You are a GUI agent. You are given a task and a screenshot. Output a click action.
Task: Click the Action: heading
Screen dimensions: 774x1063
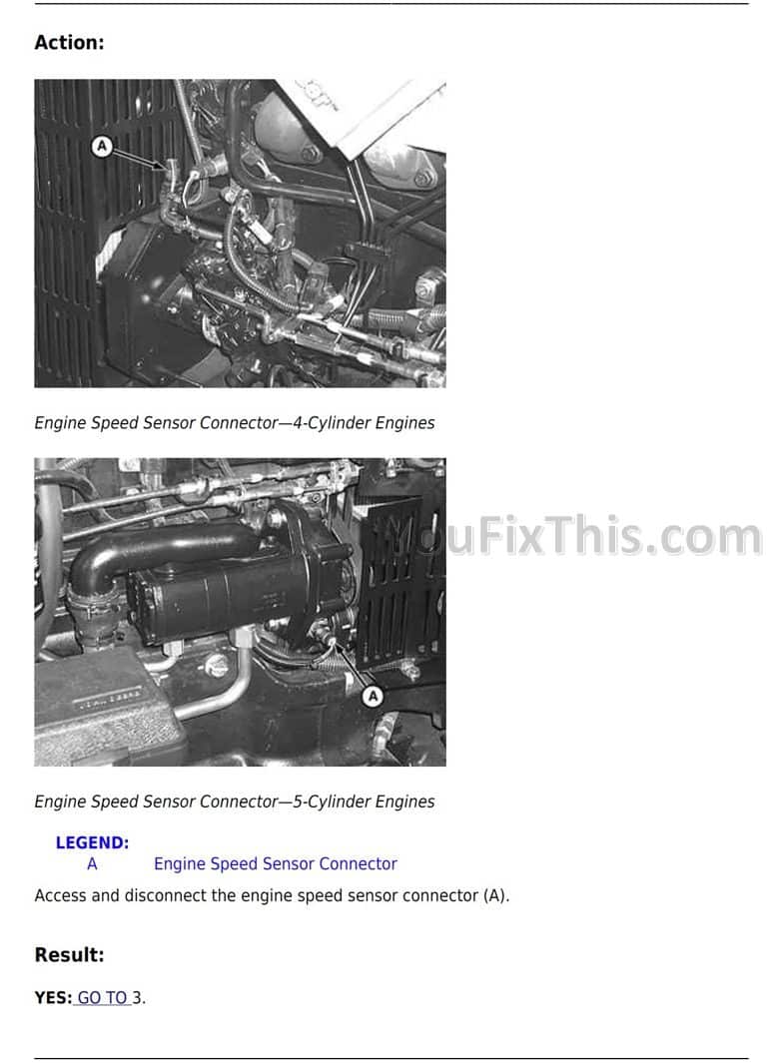pyautogui.click(x=69, y=43)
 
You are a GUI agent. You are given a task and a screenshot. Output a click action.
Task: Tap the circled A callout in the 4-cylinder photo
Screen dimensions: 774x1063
pyautogui.click(x=102, y=146)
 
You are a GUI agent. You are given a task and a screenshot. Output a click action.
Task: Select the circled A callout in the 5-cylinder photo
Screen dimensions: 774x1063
pyautogui.click(x=373, y=697)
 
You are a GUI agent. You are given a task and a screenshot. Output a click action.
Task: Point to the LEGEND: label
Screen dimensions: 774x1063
pyautogui.click(x=92, y=842)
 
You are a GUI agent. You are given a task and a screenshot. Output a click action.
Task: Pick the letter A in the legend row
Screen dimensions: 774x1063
pyautogui.click(x=92, y=863)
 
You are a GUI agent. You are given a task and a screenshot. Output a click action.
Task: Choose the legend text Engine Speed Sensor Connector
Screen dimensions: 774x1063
pyautogui.click(x=276, y=864)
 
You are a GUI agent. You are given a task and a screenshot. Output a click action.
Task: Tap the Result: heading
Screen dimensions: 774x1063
pyautogui.click(x=69, y=955)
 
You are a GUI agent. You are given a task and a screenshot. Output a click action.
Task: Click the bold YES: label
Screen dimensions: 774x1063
pyautogui.click(x=53, y=998)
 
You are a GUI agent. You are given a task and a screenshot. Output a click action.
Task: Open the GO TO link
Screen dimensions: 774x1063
pyautogui.click(x=103, y=998)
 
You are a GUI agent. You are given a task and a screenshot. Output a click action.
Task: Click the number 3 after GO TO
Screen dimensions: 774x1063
pyautogui.click(x=137, y=998)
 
